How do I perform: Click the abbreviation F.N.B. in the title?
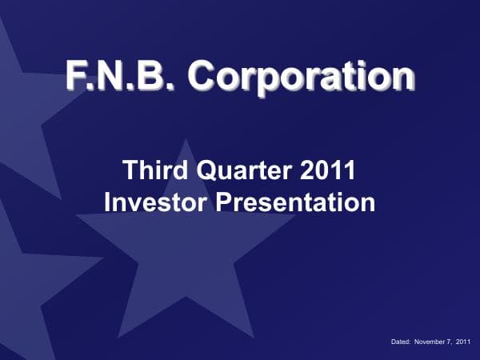pos(122,77)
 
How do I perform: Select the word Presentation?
pos(296,201)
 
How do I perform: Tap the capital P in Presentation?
pos(227,201)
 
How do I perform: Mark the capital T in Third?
pos(129,170)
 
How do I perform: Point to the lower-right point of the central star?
pos(254,336)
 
